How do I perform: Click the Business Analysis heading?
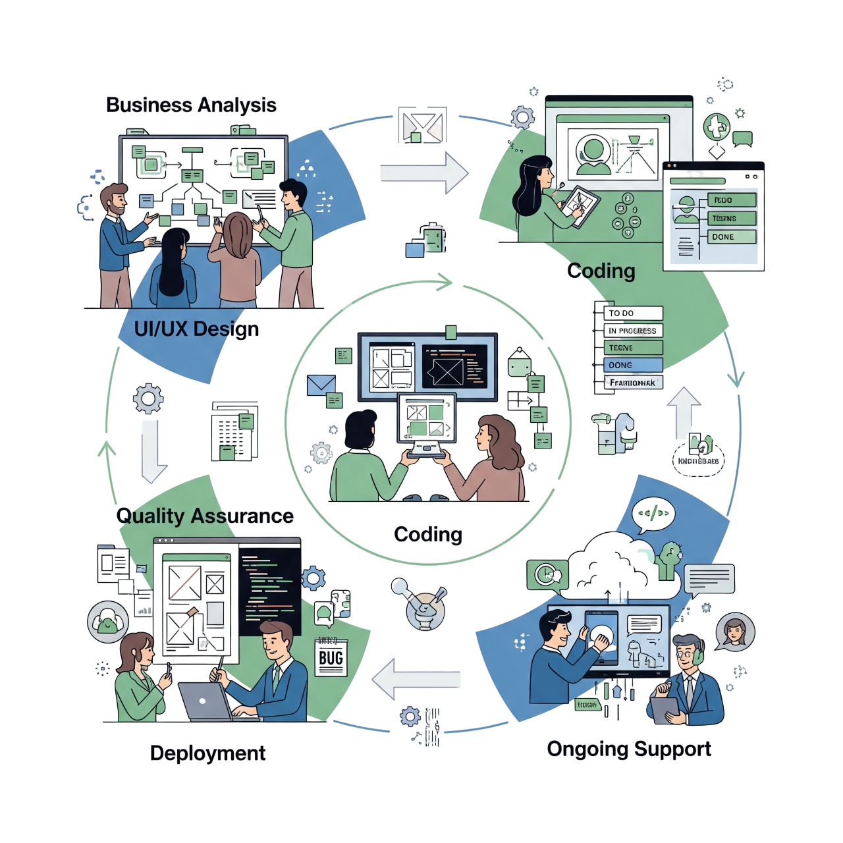pyautogui.click(x=191, y=105)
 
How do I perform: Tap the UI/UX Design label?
pyautogui.click(x=196, y=329)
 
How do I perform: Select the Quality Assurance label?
pyautogui.click(x=205, y=516)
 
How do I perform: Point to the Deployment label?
pyautogui.click(x=208, y=753)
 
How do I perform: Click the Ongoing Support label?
pyautogui.click(x=630, y=749)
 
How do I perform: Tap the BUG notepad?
pyautogui.click(x=331, y=657)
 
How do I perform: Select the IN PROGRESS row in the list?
pyautogui.click(x=633, y=331)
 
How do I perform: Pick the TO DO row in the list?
pyautogui.click(x=633, y=313)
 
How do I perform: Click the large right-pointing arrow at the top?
pyautogui.click(x=425, y=173)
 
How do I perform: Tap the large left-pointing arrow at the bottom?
pyautogui.click(x=416, y=679)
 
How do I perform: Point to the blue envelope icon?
pyautogui.click(x=321, y=385)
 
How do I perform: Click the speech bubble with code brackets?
pyautogui.click(x=653, y=514)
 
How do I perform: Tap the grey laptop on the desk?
pyautogui.click(x=203, y=701)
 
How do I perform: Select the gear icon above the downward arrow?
pyautogui.click(x=148, y=398)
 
